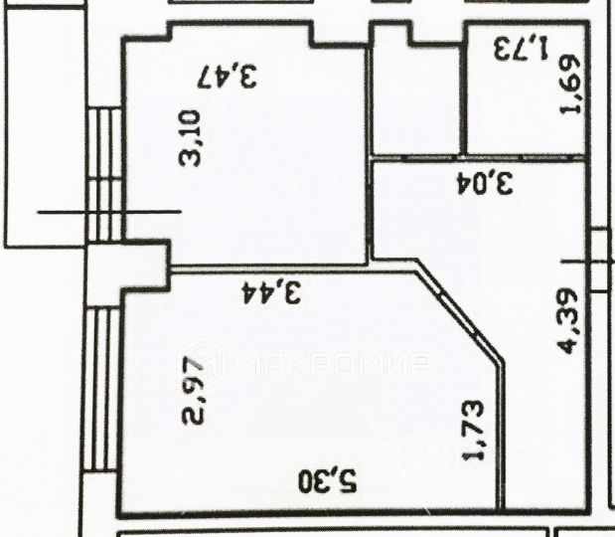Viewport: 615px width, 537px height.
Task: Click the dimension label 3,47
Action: click(229, 76)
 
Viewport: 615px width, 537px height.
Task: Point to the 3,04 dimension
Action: click(484, 184)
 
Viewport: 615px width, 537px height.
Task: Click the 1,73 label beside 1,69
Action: click(522, 47)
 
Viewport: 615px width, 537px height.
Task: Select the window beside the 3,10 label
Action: click(105, 174)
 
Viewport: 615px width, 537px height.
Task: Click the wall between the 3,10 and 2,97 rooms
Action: click(268, 268)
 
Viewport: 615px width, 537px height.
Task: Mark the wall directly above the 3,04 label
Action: click(477, 157)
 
